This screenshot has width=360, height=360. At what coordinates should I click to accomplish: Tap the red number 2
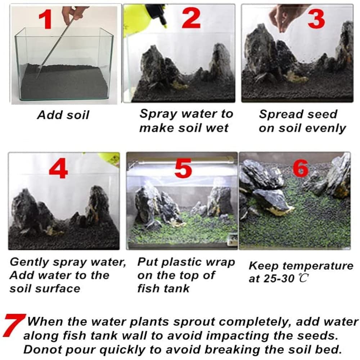[x=191, y=18]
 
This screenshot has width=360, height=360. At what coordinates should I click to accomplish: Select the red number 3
[x=316, y=18]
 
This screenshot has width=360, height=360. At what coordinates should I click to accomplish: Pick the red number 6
[x=301, y=168]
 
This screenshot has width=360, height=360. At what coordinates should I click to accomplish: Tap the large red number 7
[x=14, y=324]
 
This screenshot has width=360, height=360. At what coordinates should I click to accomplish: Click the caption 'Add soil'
[x=63, y=115]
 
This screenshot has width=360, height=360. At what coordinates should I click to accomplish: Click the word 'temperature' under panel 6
[x=318, y=266]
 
